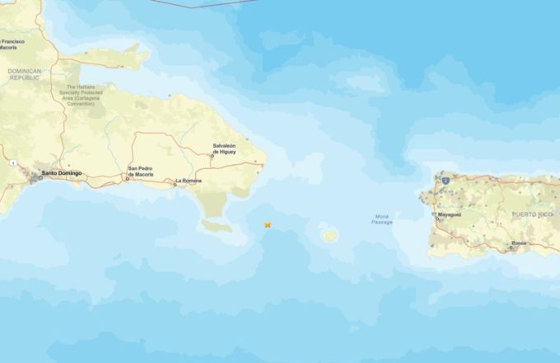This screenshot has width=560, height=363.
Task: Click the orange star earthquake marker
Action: (x=268, y=224)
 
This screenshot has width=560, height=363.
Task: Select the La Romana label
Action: (x=188, y=181)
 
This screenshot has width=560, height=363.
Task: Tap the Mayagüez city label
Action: (x=448, y=214)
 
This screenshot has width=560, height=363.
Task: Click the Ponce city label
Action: (x=518, y=243)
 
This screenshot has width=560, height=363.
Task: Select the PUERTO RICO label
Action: (x=534, y=214)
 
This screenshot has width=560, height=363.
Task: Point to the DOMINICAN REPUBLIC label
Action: (x=24, y=74)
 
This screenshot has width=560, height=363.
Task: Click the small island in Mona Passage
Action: (x=329, y=235)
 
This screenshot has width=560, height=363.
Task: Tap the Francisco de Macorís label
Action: (x=19, y=43)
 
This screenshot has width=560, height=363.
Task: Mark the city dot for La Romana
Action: (x=175, y=185)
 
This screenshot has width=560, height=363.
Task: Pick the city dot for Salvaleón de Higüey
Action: (x=212, y=156)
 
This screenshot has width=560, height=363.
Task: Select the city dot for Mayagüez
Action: (x=436, y=219)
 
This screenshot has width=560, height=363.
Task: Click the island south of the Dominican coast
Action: (x=217, y=225)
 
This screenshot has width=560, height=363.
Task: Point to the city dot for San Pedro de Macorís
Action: (x=128, y=178)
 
